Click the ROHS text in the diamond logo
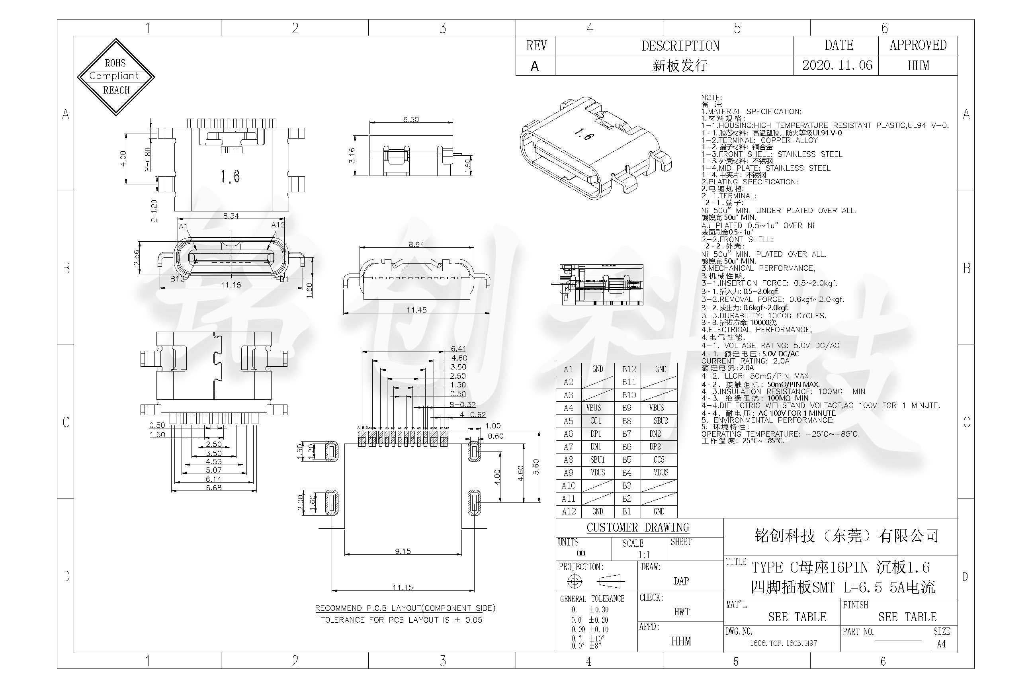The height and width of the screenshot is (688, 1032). (x=115, y=63)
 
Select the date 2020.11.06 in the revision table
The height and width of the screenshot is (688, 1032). (x=837, y=65)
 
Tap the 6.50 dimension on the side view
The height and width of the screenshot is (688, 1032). (x=411, y=119)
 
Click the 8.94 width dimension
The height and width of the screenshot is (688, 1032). (x=416, y=244)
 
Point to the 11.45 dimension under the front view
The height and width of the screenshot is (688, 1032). (x=416, y=310)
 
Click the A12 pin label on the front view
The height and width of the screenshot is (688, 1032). (x=278, y=225)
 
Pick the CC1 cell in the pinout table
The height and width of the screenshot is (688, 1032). (x=595, y=421)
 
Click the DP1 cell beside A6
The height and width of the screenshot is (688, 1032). (x=595, y=434)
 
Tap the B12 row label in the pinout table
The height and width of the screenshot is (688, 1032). (x=629, y=369)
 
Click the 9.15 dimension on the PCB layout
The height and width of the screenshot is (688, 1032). (x=403, y=551)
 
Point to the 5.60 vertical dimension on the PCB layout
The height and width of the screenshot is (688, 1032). (x=536, y=467)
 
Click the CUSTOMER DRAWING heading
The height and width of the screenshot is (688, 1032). (x=637, y=528)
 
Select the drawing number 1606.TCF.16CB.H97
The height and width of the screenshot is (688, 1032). (x=783, y=643)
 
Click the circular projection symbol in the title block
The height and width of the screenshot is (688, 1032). (x=575, y=581)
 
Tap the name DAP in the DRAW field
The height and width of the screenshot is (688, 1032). (x=681, y=581)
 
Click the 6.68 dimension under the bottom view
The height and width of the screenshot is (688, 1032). (x=214, y=487)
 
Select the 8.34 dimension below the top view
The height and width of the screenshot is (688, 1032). (x=231, y=216)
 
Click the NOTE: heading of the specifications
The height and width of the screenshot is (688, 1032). (x=711, y=98)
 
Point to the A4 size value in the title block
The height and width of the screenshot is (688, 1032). (x=941, y=644)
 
